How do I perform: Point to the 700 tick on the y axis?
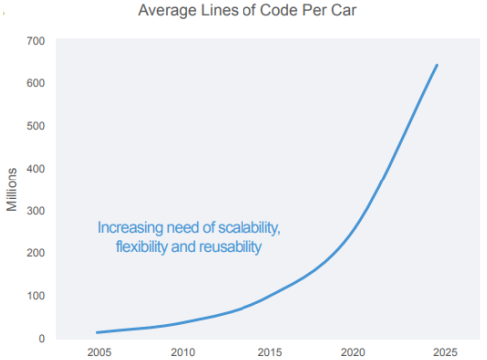point(36,41)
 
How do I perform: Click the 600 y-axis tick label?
point(36,83)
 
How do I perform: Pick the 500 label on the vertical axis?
point(36,126)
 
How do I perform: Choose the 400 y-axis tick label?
point(36,169)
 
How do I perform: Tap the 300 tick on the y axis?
point(36,210)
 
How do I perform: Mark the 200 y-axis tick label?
point(36,253)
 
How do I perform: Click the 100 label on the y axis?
point(36,296)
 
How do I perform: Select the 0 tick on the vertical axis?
point(42,338)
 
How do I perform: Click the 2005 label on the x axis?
point(99,352)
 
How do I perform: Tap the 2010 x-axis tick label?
point(183,352)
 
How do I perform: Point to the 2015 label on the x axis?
point(270,352)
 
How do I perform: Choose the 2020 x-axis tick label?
point(353,352)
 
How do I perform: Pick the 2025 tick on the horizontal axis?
point(445,352)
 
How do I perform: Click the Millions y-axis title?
point(12,189)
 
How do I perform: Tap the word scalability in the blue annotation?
point(249,228)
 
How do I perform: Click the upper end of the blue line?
point(437,65)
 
